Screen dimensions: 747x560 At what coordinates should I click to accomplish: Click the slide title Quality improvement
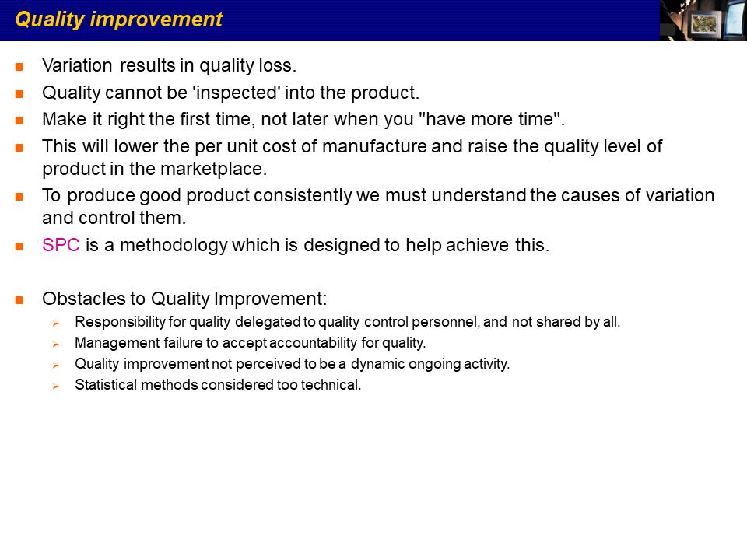(x=118, y=20)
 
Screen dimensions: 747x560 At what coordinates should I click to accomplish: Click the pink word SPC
(x=61, y=245)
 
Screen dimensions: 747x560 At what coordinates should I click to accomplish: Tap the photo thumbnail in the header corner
(x=703, y=20)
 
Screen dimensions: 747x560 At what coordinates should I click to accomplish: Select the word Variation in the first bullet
(x=77, y=65)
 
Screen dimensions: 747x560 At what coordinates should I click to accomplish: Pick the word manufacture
(x=374, y=146)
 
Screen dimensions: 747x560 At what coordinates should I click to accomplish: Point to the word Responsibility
(x=120, y=322)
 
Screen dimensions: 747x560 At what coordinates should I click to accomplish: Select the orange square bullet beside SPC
(x=19, y=247)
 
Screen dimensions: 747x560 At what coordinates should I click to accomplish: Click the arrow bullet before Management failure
(x=56, y=345)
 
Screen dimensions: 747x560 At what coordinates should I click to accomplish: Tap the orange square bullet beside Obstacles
(x=19, y=300)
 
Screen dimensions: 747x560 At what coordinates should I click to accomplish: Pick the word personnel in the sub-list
(x=445, y=322)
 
